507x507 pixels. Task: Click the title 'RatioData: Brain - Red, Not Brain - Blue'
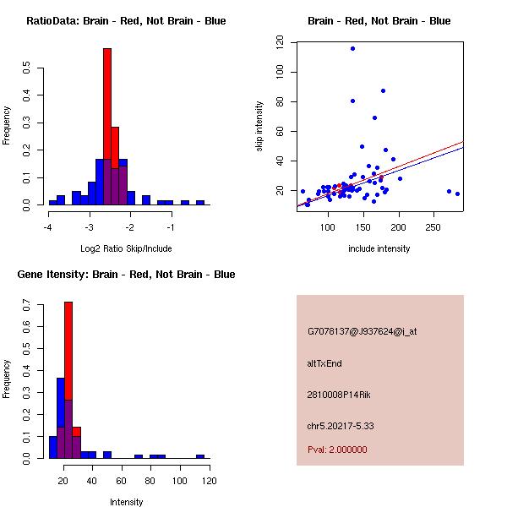click(126, 21)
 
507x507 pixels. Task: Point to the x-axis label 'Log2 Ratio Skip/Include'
click(126, 248)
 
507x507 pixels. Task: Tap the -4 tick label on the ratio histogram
click(49, 227)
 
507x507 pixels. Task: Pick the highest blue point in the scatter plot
click(352, 49)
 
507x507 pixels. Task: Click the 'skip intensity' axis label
click(260, 127)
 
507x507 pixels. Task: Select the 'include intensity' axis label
click(379, 248)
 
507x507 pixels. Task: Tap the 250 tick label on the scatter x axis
click(433, 227)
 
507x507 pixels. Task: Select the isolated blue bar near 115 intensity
click(200, 456)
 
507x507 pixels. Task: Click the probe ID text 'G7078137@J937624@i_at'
click(362, 332)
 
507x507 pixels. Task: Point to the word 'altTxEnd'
click(324, 363)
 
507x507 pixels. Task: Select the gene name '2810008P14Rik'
click(340, 395)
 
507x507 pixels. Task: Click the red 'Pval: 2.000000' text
click(337, 450)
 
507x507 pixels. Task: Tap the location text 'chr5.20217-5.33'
click(341, 426)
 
